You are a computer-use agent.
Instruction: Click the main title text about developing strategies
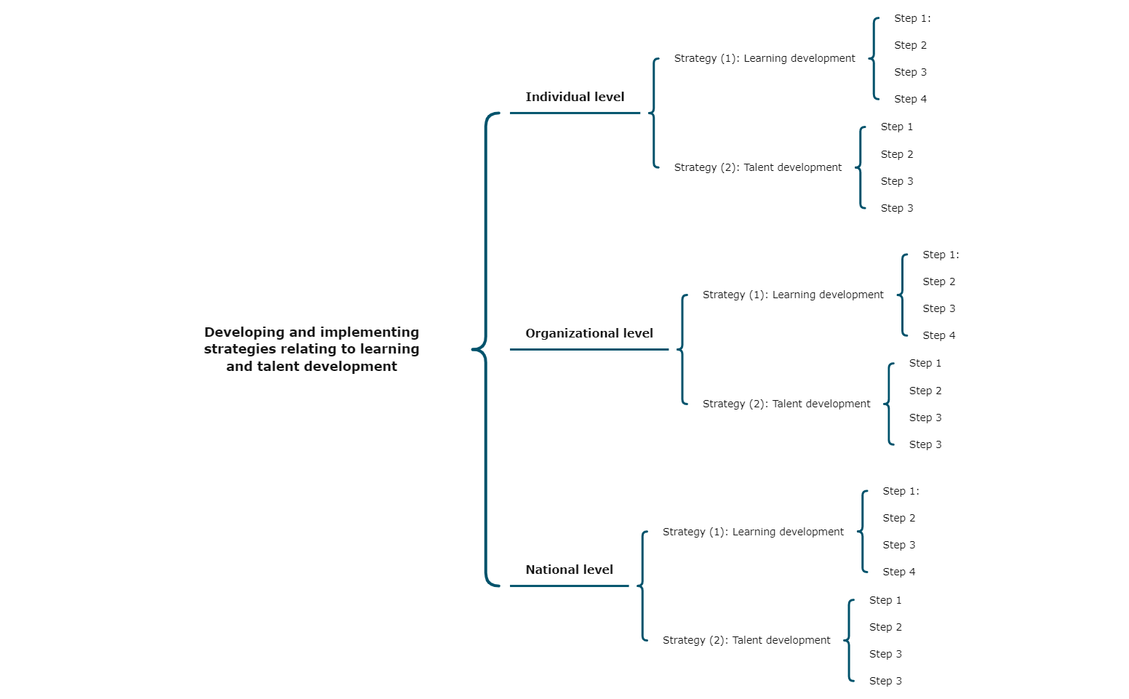[x=311, y=349]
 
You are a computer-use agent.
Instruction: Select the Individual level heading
[x=575, y=97]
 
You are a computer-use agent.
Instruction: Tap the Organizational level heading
[x=589, y=333]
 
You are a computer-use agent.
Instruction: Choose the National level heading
[x=569, y=570]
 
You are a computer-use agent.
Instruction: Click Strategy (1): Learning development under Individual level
[x=765, y=58]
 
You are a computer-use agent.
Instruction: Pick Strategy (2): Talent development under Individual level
[x=757, y=167]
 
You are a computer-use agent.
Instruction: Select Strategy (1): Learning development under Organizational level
[x=793, y=295]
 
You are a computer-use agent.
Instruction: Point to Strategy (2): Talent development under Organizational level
[x=786, y=404]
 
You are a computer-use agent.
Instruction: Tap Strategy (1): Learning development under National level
[x=753, y=532]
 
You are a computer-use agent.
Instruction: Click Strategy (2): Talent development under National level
[x=746, y=640]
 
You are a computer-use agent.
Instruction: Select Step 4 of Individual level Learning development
[x=910, y=99]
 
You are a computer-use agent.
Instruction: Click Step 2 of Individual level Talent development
[x=896, y=154]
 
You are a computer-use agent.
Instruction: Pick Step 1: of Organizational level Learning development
[x=941, y=255]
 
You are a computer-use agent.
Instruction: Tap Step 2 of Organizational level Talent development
[x=925, y=391]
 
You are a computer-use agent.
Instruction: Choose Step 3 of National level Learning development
[x=898, y=545]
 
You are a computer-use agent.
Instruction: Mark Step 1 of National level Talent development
[x=885, y=600]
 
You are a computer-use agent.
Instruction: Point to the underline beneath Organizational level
[x=589, y=349]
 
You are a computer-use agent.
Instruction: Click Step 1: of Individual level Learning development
[x=912, y=18]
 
